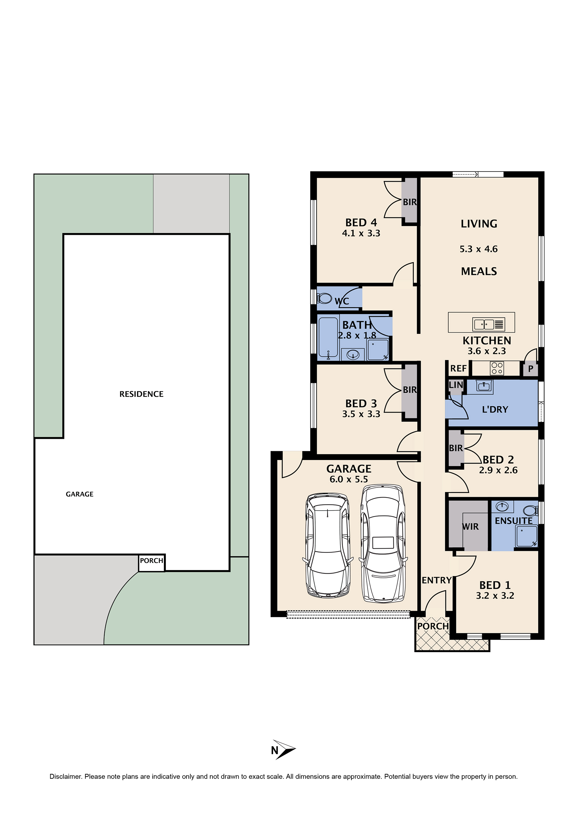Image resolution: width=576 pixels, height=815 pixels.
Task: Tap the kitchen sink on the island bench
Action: (488, 324)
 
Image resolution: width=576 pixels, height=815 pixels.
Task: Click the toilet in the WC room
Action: (324, 298)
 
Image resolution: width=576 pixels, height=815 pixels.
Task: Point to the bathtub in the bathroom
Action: (328, 337)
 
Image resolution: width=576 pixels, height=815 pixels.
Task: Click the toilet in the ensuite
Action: (531, 511)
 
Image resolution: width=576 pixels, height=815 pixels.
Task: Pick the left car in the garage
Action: (328, 545)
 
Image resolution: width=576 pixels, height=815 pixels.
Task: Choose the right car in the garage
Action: (383, 544)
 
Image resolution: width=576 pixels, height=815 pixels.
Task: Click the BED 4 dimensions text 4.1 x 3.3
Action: (361, 233)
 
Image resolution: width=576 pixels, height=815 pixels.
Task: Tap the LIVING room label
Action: (479, 224)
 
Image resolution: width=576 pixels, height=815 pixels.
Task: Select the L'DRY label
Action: (495, 409)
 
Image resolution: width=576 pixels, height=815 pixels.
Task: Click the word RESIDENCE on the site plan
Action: (141, 394)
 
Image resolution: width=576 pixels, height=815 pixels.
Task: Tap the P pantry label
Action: (531, 369)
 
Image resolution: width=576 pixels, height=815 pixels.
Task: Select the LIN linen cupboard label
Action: (456, 385)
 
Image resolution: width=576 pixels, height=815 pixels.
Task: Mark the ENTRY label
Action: (436, 580)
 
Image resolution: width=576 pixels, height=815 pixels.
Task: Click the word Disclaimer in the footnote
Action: (66, 776)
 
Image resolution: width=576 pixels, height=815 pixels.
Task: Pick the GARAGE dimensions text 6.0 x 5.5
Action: (348, 479)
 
